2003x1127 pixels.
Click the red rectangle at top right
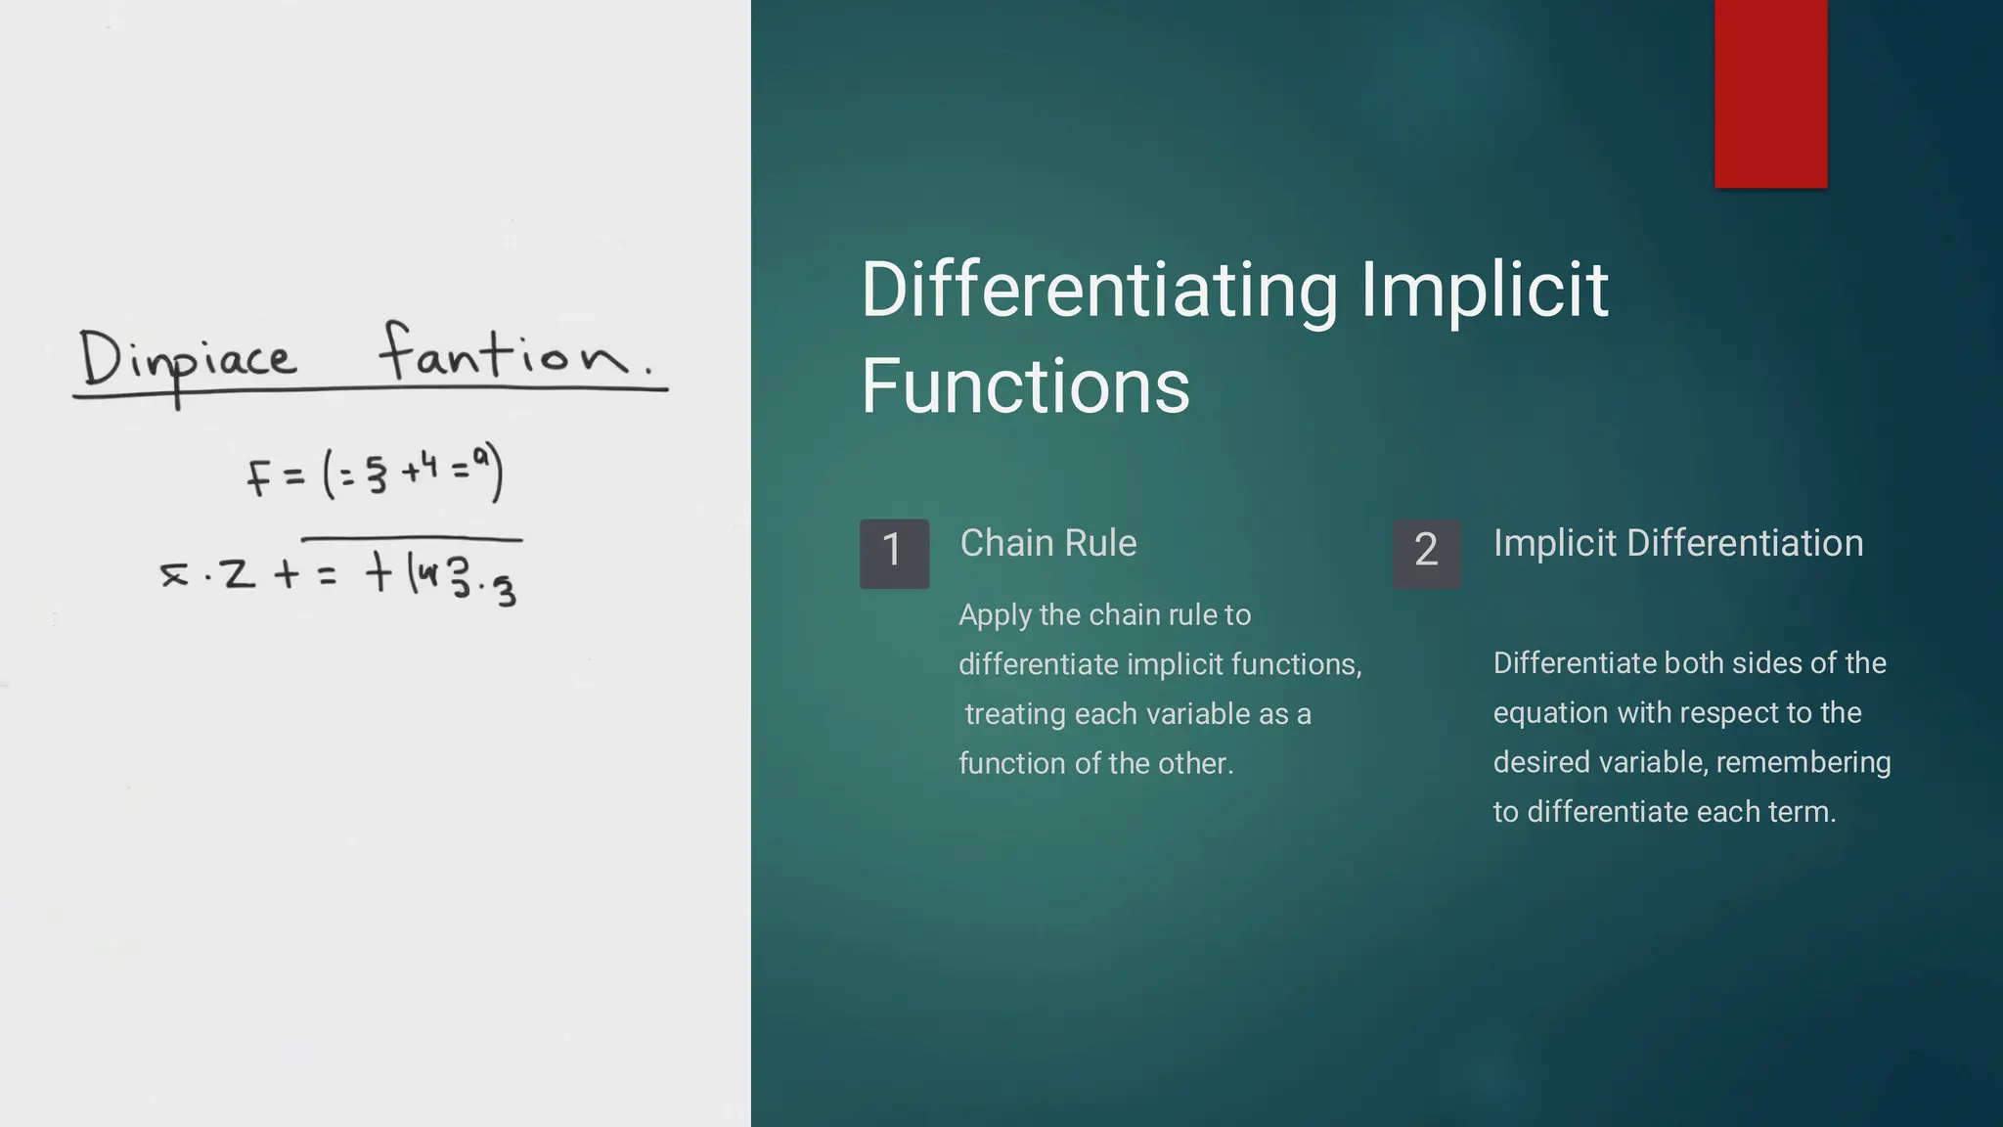coord(1770,93)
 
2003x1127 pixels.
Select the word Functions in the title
coord(1025,386)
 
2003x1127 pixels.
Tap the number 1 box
coord(894,553)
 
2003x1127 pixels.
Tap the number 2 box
coord(1427,553)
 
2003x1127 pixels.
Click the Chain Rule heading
coord(1047,543)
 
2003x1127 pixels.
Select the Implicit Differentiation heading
coord(1677,543)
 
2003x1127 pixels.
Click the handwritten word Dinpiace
coord(186,360)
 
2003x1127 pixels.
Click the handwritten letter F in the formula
coord(258,478)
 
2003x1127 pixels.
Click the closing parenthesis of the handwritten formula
coord(498,473)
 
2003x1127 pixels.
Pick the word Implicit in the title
coord(1484,291)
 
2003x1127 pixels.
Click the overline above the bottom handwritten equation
coord(411,538)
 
